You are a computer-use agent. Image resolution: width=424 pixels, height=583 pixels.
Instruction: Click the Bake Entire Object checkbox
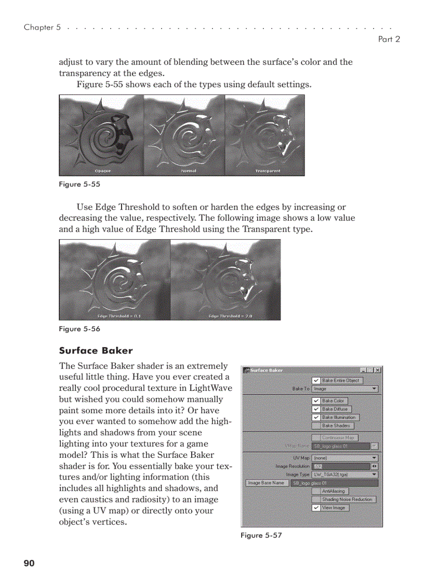[x=316, y=381]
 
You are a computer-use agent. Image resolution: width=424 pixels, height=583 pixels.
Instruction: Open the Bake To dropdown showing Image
[x=345, y=389]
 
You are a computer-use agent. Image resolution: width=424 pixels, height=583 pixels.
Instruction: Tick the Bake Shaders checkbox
[x=316, y=426]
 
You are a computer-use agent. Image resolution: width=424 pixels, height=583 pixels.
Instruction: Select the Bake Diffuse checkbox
[x=316, y=409]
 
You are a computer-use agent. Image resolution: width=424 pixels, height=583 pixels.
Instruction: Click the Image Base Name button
[x=266, y=483]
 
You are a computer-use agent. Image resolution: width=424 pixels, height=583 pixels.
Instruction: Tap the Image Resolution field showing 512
[x=341, y=466]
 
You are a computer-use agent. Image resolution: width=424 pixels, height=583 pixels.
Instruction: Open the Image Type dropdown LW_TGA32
[x=345, y=474]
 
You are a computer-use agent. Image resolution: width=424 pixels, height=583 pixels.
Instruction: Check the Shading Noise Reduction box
[x=316, y=499]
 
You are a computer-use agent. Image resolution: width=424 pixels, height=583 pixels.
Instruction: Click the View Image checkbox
[x=316, y=508]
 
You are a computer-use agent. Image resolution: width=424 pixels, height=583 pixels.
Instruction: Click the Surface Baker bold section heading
[x=96, y=350]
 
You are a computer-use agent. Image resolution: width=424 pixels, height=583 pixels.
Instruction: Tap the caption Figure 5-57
[x=261, y=535]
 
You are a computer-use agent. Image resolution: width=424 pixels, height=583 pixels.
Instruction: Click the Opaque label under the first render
[x=102, y=171]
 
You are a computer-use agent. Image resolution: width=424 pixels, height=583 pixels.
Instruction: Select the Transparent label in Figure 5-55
[x=268, y=171]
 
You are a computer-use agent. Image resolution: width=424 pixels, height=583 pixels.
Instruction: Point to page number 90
[x=29, y=563]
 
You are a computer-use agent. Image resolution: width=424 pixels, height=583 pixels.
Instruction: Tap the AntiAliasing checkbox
[x=316, y=491]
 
